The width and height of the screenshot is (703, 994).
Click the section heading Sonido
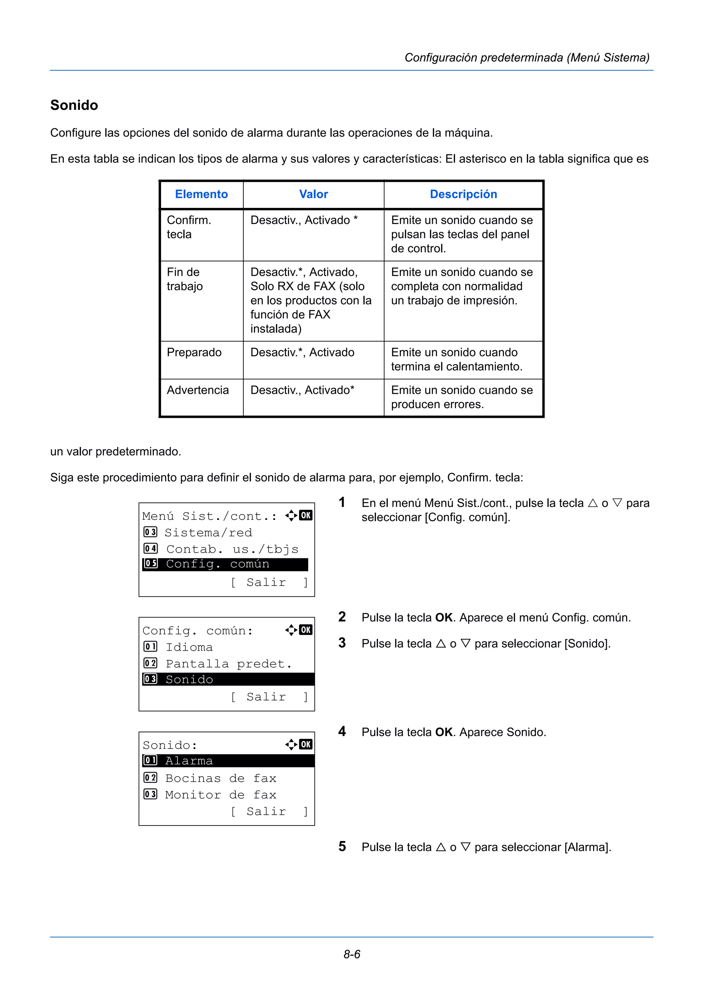point(74,105)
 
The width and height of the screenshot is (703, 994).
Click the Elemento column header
point(201,194)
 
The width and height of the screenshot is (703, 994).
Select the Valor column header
point(314,194)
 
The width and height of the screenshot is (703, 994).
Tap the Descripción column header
point(463,194)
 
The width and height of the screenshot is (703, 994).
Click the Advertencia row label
point(197,390)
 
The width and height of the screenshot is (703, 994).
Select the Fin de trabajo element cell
point(185,279)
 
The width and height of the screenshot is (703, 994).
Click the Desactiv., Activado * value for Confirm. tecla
point(304,220)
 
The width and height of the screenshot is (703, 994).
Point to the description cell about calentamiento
point(457,360)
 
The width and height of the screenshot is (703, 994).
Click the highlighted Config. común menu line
point(225,564)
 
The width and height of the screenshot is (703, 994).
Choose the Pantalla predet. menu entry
point(228,664)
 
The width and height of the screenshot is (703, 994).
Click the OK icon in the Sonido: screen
point(306,744)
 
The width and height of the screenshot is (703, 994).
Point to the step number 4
point(342,732)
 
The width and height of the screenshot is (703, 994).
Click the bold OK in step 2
point(444,618)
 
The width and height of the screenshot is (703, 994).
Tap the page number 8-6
point(352,955)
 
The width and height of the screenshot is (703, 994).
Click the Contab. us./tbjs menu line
point(232,549)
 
